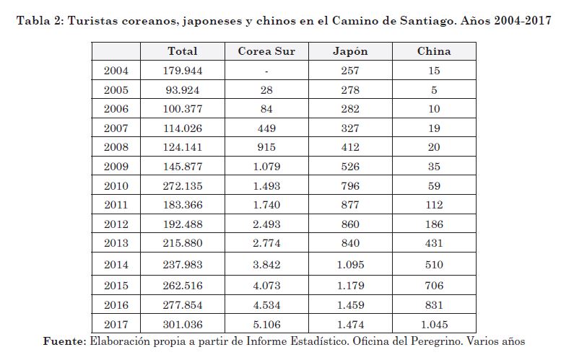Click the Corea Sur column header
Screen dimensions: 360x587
(266, 51)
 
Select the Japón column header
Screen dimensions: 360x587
(350, 51)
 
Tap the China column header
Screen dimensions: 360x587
(434, 51)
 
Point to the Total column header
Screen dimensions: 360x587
(182, 51)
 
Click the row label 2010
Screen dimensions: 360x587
(116, 185)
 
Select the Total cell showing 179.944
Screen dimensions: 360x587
(182, 71)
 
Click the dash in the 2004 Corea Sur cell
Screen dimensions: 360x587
(266, 71)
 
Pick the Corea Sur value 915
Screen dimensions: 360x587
(266, 147)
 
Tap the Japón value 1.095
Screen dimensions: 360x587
(350, 265)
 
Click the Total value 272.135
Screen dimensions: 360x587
(182, 185)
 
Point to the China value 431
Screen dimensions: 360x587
(434, 244)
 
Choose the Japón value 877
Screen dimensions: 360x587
(350, 205)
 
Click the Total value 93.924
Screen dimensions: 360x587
(182, 90)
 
